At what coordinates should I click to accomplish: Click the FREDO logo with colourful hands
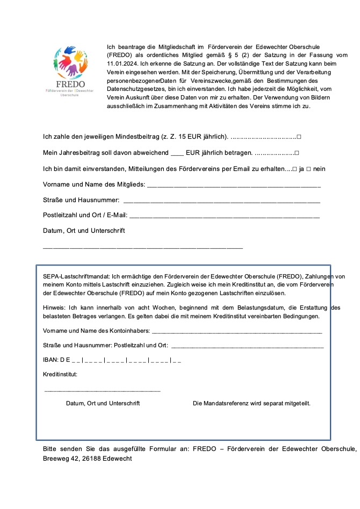[72, 67]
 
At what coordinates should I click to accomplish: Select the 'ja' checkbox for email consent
[294, 169]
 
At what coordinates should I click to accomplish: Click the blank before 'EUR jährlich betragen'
[177, 154]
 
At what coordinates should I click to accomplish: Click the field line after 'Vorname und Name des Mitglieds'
[234, 186]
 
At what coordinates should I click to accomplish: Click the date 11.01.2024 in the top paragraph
[122, 64]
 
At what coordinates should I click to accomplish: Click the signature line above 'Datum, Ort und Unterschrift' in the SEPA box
[102, 391]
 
